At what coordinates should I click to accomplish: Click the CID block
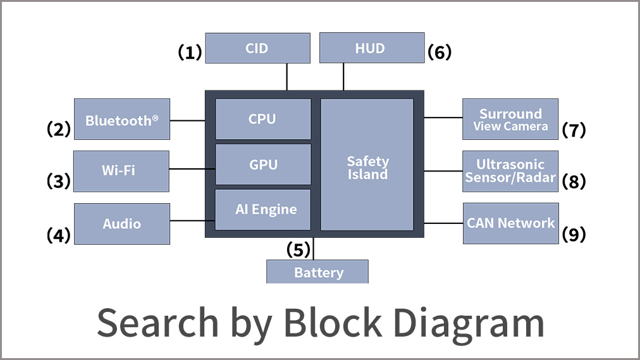tap(257, 48)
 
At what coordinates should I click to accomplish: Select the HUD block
tap(371, 48)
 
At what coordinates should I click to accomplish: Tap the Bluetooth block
tap(122, 119)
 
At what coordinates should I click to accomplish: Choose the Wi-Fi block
tap(121, 171)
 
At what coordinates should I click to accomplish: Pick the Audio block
tap(122, 224)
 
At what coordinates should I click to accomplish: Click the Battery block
tap(317, 273)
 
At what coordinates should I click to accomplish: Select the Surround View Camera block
tap(510, 119)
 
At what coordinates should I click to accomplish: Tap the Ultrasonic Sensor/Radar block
tap(510, 171)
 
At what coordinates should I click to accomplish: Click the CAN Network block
tap(510, 223)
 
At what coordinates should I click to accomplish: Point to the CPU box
tap(263, 119)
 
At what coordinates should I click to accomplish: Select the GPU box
tap(263, 164)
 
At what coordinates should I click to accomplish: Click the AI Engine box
tap(263, 209)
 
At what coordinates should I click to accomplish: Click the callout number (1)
tap(189, 52)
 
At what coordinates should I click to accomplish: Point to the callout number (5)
tap(298, 249)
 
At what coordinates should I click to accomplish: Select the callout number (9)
tap(574, 234)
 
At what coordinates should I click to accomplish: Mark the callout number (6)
tap(440, 52)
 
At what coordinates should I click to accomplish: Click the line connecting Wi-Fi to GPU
tap(192, 169)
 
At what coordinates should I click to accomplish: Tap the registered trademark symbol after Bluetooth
tap(155, 118)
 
